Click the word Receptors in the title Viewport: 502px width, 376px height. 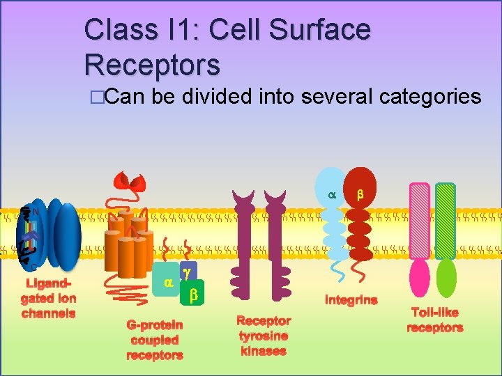152,64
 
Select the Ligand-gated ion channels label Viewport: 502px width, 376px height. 48,299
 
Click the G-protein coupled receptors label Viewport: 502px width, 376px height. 154,340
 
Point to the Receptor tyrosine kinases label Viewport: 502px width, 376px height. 264,336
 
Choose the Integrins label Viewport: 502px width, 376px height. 351,300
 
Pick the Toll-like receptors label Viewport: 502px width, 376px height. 435,320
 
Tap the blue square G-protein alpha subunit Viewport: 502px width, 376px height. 167,283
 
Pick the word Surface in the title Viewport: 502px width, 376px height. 290,30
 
